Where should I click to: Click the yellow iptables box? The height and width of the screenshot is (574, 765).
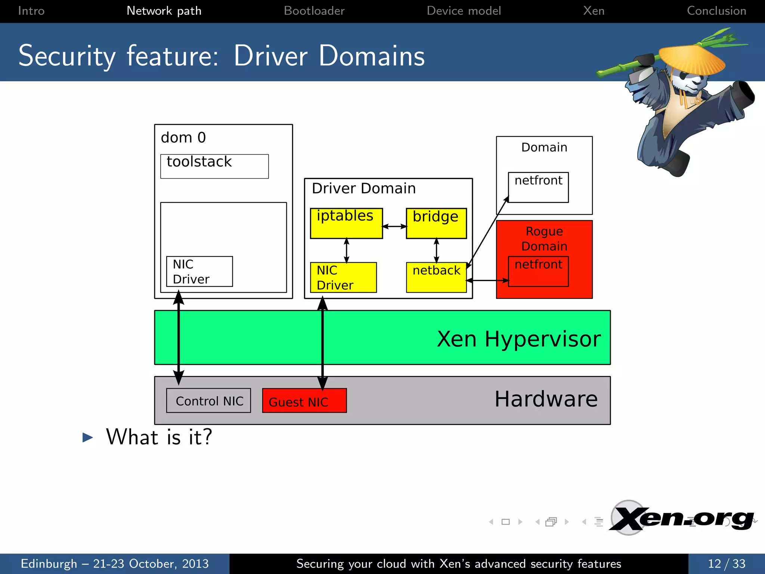tap(346, 223)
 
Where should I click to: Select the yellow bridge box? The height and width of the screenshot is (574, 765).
tap(436, 223)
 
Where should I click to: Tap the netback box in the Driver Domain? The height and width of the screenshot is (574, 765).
tap(436, 277)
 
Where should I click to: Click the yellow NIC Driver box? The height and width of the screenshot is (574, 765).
tap(343, 277)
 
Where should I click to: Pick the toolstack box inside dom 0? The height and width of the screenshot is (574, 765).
tap(214, 166)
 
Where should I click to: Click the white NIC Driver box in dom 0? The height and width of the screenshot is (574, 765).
tap(199, 272)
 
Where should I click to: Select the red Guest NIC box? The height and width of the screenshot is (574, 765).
tap(304, 401)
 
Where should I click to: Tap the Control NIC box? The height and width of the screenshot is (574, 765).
tap(208, 401)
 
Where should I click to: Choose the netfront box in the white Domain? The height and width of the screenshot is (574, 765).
tap(538, 187)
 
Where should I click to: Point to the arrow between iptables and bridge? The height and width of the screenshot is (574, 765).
tap(394, 226)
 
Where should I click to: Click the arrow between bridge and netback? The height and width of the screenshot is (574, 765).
tap(436, 250)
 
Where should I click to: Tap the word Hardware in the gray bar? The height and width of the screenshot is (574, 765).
tap(546, 399)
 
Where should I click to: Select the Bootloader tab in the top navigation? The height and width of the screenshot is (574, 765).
tap(314, 11)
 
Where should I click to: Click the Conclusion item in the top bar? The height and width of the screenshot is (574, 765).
tap(716, 11)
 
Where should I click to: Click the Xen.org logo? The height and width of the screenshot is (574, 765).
tap(682, 519)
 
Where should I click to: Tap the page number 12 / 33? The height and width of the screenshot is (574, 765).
tap(726, 564)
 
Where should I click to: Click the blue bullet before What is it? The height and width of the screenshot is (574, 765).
tap(87, 437)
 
